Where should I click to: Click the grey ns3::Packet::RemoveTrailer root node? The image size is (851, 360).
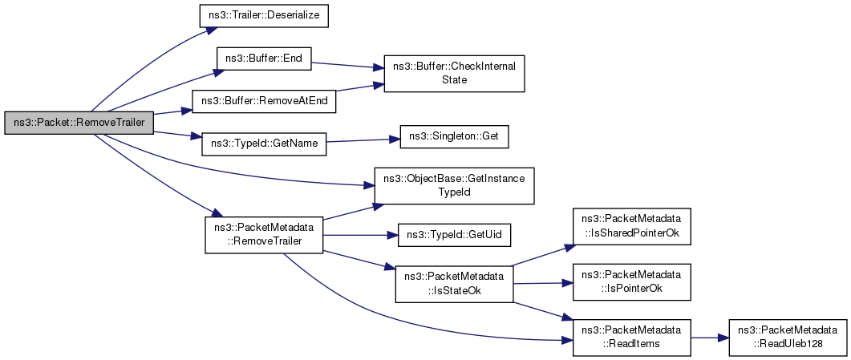point(79,123)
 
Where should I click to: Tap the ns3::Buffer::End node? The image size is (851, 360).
point(264,59)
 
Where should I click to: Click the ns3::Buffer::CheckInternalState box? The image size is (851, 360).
point(454,73)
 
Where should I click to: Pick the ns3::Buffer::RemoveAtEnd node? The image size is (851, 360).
point(265,102)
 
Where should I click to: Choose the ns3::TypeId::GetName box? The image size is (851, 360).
point(264,145)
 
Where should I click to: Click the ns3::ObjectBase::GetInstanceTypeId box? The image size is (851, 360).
point(454,186)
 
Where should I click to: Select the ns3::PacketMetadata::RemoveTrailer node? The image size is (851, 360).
point(264,235)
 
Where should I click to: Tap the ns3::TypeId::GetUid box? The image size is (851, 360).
point(454,235)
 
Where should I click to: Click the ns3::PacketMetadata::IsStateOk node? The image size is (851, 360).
point(454,284)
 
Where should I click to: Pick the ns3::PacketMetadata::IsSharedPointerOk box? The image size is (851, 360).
point(631,226)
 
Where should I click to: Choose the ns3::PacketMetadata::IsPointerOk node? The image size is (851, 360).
point(631,282)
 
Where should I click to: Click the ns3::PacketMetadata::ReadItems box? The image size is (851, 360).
point(631,338)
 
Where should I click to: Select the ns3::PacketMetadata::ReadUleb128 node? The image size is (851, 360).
point(788,338)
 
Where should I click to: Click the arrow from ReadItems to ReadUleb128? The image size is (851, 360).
point(710,338)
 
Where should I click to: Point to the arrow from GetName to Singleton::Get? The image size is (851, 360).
point(363,141)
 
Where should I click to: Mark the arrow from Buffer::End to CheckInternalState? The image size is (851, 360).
point(348,65)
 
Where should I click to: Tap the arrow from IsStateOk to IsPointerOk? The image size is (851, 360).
point(543,283)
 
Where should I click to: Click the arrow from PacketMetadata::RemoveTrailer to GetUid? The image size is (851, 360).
point(361,235)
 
